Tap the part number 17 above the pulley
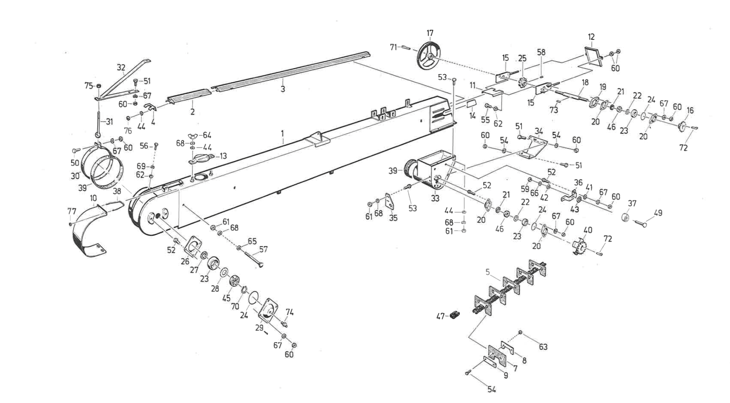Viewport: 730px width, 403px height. pos(430,33)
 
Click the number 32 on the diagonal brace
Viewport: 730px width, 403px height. pos(121,67)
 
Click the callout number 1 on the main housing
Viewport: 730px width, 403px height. pos(282,133)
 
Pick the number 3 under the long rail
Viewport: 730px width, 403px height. pos(283,89)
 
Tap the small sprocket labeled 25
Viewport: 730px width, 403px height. pos(523,83)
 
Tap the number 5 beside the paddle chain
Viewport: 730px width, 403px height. pos(488,272)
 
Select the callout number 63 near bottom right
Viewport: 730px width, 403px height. pos(543,347)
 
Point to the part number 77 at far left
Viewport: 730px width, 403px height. pos(72,211)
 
